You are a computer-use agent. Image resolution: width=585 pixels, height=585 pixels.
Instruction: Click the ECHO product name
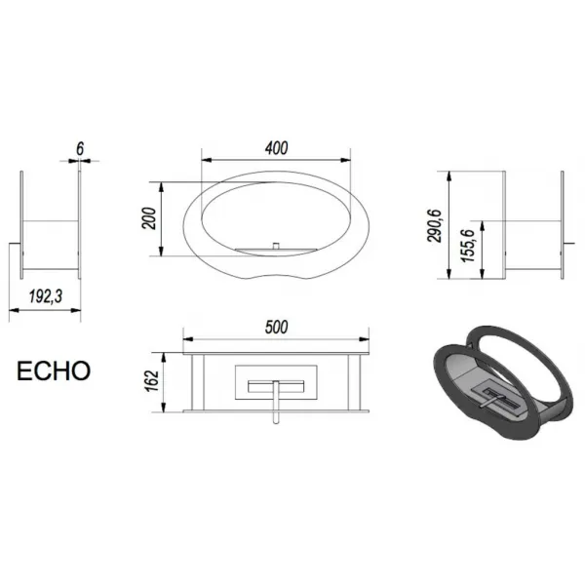[54, 370]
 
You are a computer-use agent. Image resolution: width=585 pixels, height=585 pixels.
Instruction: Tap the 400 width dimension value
[277, 148]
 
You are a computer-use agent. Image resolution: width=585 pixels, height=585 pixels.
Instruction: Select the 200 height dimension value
[149, 218]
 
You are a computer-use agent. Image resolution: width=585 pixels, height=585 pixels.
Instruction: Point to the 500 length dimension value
[277, 327]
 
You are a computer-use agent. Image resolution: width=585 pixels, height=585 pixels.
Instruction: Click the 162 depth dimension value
[153, 381]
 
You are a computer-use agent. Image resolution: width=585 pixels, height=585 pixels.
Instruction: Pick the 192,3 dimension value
[45, 296]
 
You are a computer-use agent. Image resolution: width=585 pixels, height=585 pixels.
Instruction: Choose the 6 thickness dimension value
[80, 149]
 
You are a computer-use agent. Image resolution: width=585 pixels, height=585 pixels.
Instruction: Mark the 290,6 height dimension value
[435, 226]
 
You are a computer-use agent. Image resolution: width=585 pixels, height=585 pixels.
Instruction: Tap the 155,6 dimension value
[468, 246]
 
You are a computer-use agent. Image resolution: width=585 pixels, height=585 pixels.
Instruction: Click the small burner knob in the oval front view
[276, 246]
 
